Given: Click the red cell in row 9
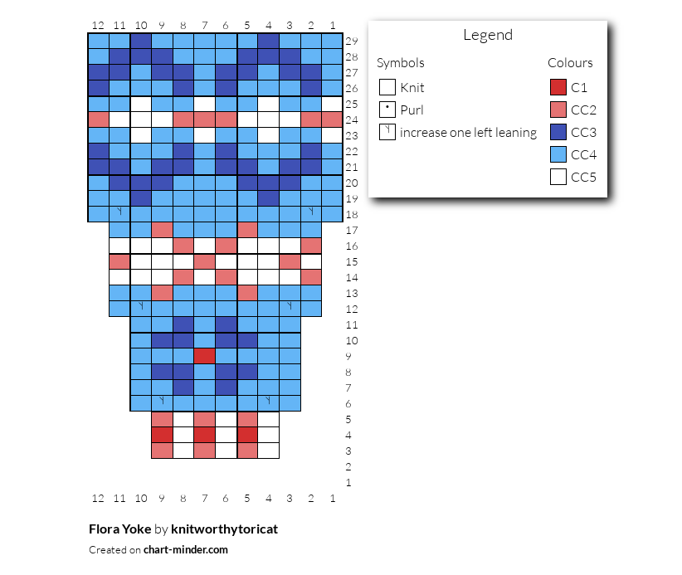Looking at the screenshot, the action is coord(204,356).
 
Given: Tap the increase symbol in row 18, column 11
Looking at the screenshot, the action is coord(119,212).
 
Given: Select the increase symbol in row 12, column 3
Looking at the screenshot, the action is coord(290,306).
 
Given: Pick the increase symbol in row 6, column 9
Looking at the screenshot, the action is coord(162,401).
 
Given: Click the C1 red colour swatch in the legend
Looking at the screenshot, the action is coord(558,87).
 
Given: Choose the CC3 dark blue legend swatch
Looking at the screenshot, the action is coord(558,132).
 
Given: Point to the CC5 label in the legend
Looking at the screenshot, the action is coord(583,177).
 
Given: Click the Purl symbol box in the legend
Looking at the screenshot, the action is coord(387,110).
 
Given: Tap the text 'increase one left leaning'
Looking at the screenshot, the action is coord(469,132).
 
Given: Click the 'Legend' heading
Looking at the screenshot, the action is coord(488,35).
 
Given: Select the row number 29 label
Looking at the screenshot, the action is coord(352,41).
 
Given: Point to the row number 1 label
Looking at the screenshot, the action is coord(348,482).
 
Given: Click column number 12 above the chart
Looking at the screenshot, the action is coord(98,25).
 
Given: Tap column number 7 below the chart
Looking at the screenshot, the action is coord(204,498).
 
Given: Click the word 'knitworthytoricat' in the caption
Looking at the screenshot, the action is coord(225,529).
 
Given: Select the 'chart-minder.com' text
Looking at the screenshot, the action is coord(186,550).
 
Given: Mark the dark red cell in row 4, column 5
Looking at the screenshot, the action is coord(247,435).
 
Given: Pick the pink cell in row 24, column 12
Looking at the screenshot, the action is coord(98,119).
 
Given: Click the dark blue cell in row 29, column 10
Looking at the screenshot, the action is coord(140,41).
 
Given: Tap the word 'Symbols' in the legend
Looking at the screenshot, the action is coord(400,63).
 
